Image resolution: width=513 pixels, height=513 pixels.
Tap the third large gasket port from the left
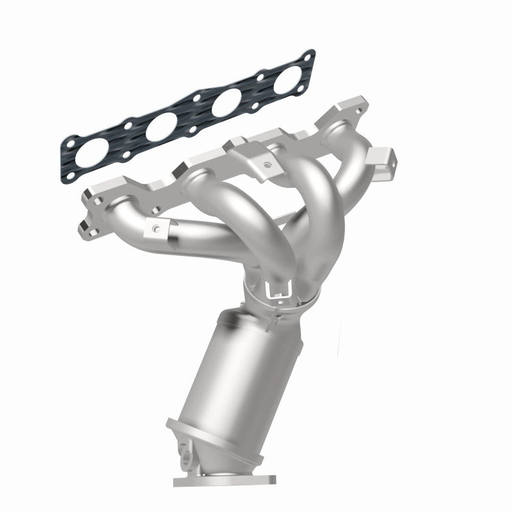(226, 104)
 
